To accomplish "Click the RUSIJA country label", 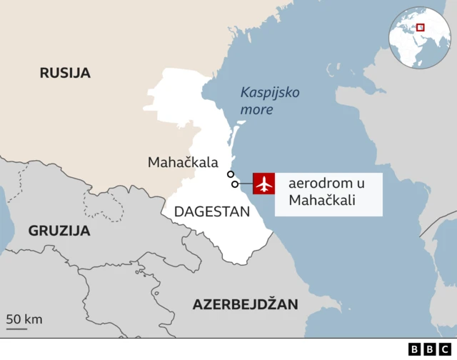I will tap(64, 72).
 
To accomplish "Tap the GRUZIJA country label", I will tap(59, 231).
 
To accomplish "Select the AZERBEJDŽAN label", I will tap(244, 305).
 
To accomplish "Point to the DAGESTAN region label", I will tap(212, 211).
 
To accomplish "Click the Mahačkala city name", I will tap(182, 163).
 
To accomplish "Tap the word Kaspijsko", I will tap(270, 93).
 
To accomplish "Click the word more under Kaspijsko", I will tap(256, 111).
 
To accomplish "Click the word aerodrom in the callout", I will tap(316, 184).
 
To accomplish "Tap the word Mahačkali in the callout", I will tap(322, 201).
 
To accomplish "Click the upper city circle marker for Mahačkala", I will tap(230, 174).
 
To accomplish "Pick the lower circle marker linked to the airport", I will tap(235, 184).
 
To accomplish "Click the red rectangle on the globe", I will tap(421, 27).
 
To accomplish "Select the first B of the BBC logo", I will tap(415, 349).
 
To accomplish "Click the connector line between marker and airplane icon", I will tap(246, 184).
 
